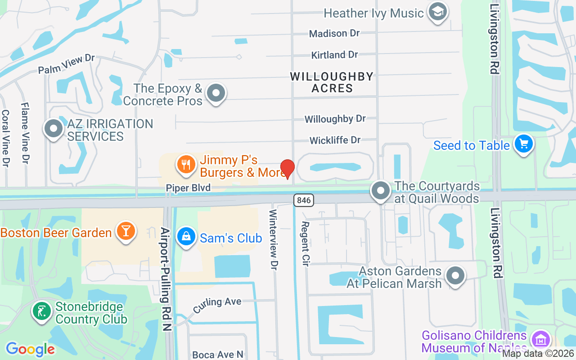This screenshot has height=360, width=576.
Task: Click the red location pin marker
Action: pyautogui.click(x=287, y=169)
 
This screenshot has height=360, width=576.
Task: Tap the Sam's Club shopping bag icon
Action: pyautogui.click(x=185, y=237)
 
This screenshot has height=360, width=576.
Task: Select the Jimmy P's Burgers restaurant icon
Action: pyautogui.click(x=186, y=164)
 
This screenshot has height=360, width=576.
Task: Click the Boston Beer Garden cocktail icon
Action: pyautogui.click(x=126, y=231)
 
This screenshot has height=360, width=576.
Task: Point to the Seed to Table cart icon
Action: pyautogui.click(x=523, y=144)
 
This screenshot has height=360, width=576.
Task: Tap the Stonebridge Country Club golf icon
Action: pyautogui.click(x=42, y=311)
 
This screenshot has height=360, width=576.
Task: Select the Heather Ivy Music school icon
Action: pyautogui.click(x=436, y=12)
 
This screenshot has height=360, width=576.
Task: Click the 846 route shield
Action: pyautogui.click(x=304, y=200)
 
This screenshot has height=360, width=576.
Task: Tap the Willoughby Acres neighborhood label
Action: pyautogui.click(x=332, y=82)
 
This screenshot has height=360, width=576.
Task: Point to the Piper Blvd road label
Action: pyautogui.click(x=188, y=188)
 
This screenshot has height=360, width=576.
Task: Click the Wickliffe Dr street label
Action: pyautogui.click(x=335, y=140)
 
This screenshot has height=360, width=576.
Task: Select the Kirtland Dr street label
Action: pyautogui.click(x=335, y=55)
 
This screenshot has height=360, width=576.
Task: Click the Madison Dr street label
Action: pyautogui.click(x=335, y=33)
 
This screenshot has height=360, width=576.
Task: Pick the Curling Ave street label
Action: pyautogui.click(x=218, y=305)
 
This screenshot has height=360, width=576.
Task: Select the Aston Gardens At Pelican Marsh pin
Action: pyautogui.click(x=455, y=275)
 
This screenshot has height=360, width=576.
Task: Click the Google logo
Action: pyautogui.click(x=30, y=349)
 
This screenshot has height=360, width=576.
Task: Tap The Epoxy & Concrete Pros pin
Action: pyautogui.click(x=216, y=93)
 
